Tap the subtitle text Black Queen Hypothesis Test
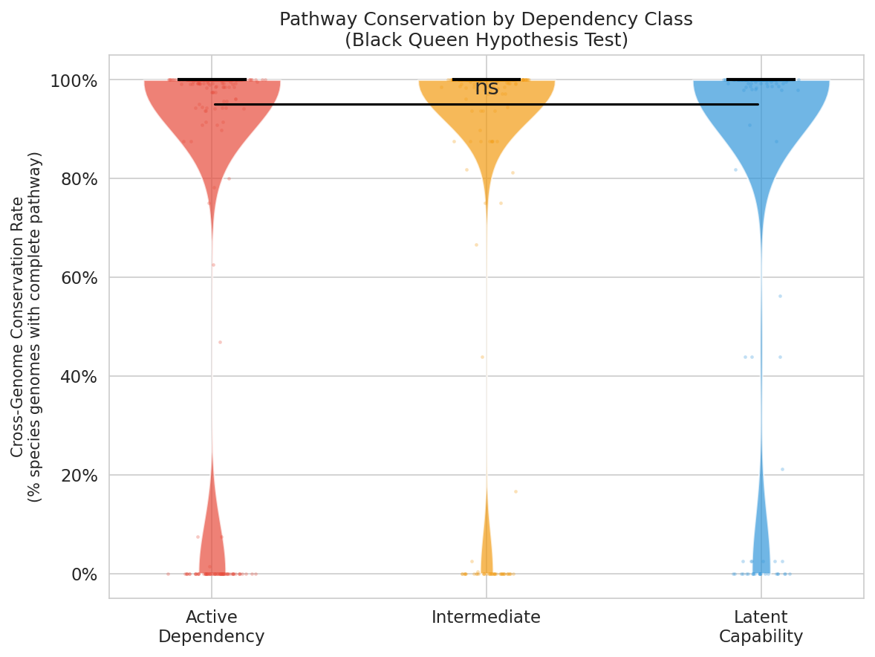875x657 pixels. (486, 40)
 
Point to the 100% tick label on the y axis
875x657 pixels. (74, 80)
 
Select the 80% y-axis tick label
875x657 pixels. (77, 179)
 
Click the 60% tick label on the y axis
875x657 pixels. (77, 278)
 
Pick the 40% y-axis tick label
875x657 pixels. (77, 377)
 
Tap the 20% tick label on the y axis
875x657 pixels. (77, 476)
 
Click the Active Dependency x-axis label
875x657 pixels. (211, 627)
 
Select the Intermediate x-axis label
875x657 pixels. (486, 618)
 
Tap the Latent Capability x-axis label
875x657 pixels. (761, 627)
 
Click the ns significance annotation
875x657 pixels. (487, 88)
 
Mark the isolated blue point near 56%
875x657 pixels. (780, 296)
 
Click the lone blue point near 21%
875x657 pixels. (782, 469)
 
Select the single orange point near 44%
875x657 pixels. (481, 357)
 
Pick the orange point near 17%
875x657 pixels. (515, 491)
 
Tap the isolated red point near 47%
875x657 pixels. (220, 342)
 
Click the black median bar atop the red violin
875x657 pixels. (212, 80)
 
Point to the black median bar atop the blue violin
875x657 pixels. (761, 80)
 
